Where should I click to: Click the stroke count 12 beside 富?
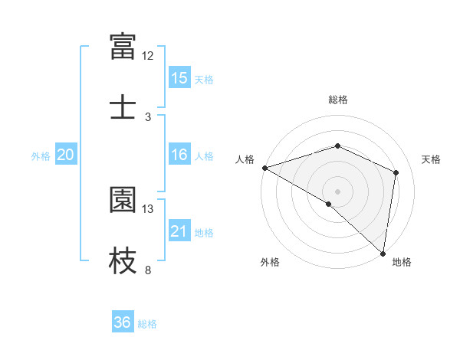[x=148, y=55]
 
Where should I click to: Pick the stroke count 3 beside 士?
[x=148, y=116]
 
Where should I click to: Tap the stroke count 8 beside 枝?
[x=148, y=270]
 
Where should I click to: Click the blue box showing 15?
[x=179, y=78]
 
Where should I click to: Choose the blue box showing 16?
[x=179, y=155]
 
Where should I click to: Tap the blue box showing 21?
[x=179, y=231]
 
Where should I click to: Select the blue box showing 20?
[x=66, y=155]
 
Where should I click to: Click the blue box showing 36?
[x=123, y=322]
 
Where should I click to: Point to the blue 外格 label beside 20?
[x=41, y=155]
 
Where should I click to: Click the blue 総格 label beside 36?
[x=147, y=323]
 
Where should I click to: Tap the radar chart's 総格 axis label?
[x=338, y=100]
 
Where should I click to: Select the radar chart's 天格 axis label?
[x=432, y=159]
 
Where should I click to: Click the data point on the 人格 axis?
[x=264, y=168]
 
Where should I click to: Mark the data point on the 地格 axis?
[x=383, y=253]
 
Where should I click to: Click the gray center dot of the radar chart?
[x=338, y=191]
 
